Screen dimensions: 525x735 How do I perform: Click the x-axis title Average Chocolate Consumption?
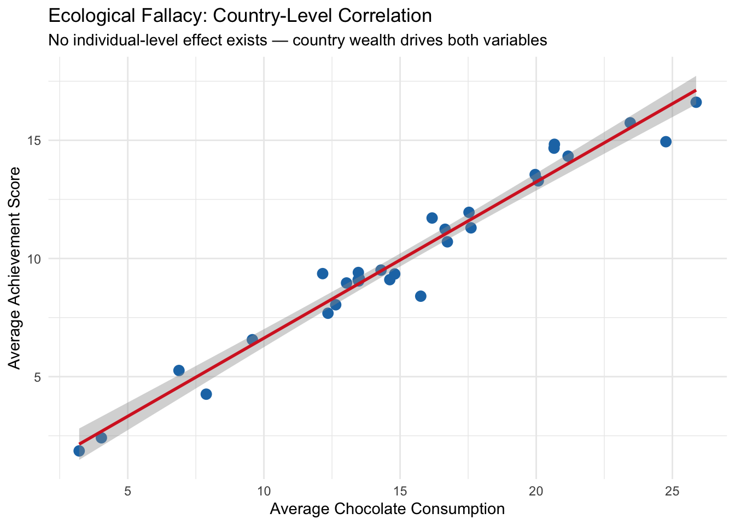387,509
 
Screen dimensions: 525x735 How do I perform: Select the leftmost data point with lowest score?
79,451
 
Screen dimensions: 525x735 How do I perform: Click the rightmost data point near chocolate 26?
696,102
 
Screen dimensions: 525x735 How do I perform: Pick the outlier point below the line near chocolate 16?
421,296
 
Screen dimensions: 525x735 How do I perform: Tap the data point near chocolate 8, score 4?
206,394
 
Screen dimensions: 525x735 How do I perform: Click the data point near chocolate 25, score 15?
666,142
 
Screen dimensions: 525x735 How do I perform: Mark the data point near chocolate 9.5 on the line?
252,340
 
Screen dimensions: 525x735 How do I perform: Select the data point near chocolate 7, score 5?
179,370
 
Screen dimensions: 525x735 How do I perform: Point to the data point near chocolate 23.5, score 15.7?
630,122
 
